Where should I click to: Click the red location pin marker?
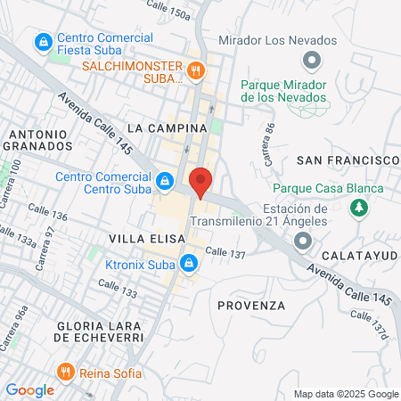pyautogui.click(x=200, y=182)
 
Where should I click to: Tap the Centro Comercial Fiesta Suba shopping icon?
pyautogui.click(x=42, y=42)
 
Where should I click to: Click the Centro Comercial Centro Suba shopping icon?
pyautogui.click(x=164, y=182)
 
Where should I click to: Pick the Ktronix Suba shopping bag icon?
pyautogui.click(x=188, y=263)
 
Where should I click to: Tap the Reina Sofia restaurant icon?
pyautogui.click(x=65, y=372)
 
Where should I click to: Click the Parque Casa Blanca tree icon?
pyautogui.click(x=359, y=208)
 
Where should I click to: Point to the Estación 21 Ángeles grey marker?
pyautogui.click(x=303, y=241)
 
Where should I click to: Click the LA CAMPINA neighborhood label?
pyautogui.click(x=167, y=128)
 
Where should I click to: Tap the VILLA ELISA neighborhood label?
pyautogui.click(x=147, y=239)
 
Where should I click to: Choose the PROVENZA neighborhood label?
pyautogui.click(x=251, y=305)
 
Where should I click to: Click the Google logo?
pyautogui.click(x=29, y=389)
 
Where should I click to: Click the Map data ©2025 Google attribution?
pyautogui.click(x=346, y=394)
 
